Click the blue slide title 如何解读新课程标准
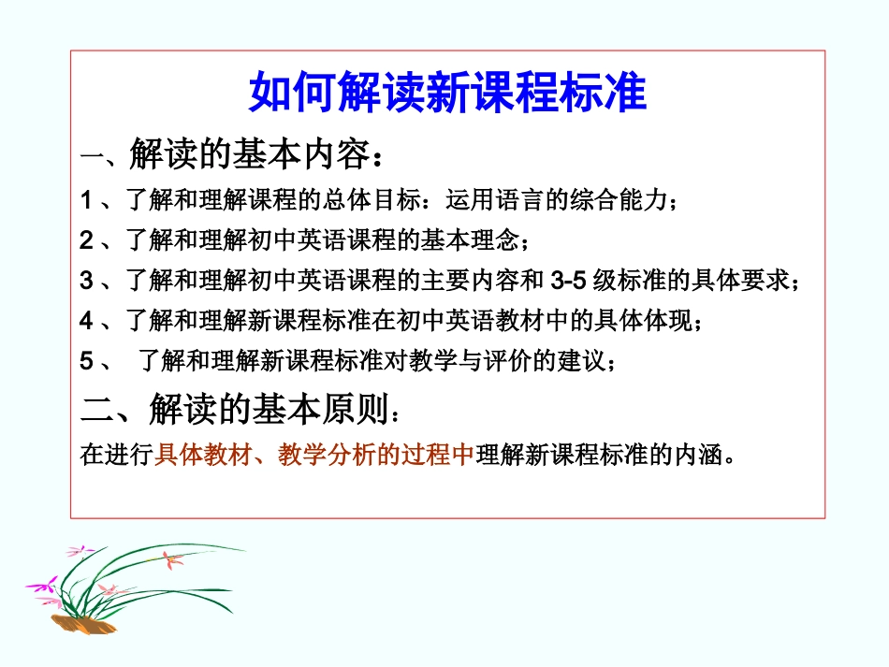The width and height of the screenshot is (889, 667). (447, 93)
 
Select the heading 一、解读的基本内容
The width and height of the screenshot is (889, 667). (231, 154)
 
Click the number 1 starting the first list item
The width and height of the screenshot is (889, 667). (86, 200)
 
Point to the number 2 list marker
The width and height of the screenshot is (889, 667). (86, 240)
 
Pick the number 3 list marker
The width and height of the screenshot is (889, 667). (86, 281)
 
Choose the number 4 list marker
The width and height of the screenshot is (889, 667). (86, 321)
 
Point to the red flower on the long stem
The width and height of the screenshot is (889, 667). (171, 560)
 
